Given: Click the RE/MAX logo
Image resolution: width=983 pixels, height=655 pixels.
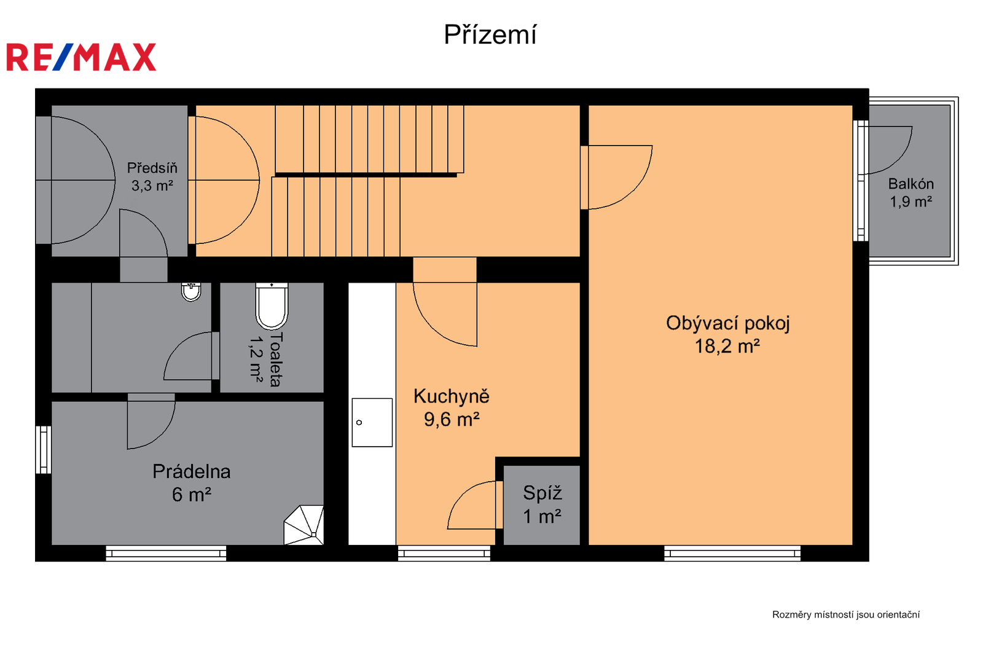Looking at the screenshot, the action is click(81, 57).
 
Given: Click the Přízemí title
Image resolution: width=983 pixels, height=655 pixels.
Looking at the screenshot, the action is click(490, 34).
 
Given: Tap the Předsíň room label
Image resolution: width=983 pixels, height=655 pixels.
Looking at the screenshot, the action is click(152, 176).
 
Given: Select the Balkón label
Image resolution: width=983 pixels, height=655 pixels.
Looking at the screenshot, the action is click(911, 192).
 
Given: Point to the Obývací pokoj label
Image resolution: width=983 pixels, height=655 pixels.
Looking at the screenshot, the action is click(727, 334).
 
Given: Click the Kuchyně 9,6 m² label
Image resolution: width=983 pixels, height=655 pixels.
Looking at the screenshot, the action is click(451, 407).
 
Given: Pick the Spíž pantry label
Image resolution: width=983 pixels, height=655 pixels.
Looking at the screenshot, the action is click(542, 504).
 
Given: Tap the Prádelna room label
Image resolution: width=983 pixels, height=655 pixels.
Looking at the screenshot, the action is click(191, 483).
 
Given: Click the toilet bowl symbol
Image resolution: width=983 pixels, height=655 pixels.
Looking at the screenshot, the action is click(272, 306).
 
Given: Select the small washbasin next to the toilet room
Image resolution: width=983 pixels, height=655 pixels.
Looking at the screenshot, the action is click(191, 292).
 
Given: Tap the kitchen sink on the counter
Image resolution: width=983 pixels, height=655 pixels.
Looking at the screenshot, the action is click(372, 422).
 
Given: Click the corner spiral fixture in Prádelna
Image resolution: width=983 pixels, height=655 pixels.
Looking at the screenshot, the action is click(304, 525).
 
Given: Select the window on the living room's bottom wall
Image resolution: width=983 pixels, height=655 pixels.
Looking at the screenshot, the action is click(732, 553).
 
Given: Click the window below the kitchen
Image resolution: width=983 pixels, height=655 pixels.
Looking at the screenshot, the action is click(444, 553).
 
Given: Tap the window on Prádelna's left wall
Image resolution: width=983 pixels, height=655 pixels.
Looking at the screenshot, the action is click(44, 450).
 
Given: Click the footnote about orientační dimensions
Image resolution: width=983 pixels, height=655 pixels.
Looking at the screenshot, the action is click(845, 614).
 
